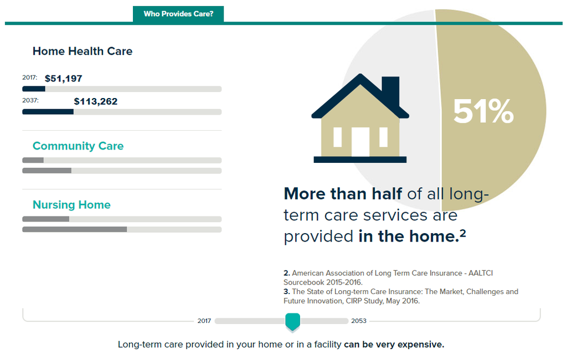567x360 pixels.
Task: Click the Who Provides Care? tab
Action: point(178,14)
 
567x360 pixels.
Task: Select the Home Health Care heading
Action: point(83,51)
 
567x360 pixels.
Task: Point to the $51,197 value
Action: point(63,79)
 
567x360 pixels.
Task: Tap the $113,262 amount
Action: point(95,101)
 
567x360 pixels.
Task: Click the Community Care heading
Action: point(78,146)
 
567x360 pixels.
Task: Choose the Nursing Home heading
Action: point(71,205)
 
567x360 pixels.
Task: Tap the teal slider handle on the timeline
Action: point(292,322)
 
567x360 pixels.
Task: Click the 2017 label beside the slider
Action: point(204,321)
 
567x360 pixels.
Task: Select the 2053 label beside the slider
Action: point(359,321)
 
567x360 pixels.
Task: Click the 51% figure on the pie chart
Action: point(483,111)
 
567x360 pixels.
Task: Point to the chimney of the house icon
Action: point(390,90)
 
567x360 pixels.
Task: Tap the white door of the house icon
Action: point(360,142)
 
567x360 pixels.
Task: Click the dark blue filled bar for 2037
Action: point(48,112)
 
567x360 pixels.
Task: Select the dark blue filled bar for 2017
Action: point(34,89)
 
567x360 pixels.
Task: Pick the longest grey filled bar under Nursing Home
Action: point(75,229)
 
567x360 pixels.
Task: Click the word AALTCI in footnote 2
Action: point(481,273)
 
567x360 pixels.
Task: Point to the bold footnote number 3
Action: point(287,292)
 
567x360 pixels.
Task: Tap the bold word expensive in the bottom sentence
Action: point(421,344)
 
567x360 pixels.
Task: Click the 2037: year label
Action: point(30,100)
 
